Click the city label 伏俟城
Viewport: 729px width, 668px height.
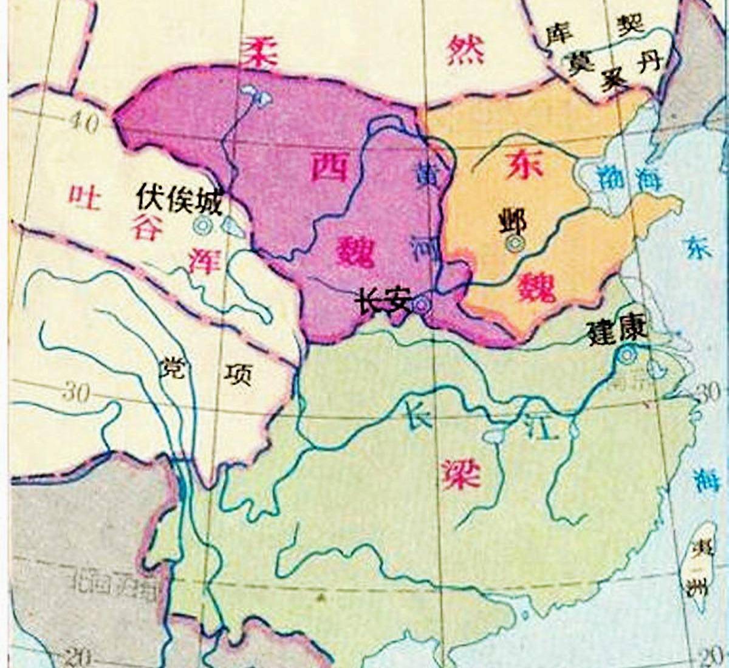coord(180,198)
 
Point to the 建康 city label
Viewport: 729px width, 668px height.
coord(618,331)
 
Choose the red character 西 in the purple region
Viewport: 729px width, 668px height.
coord(329,165)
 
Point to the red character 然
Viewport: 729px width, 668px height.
coord(465,51)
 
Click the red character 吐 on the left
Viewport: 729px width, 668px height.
coord(84,196)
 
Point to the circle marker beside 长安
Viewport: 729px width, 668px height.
coord(420,305)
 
